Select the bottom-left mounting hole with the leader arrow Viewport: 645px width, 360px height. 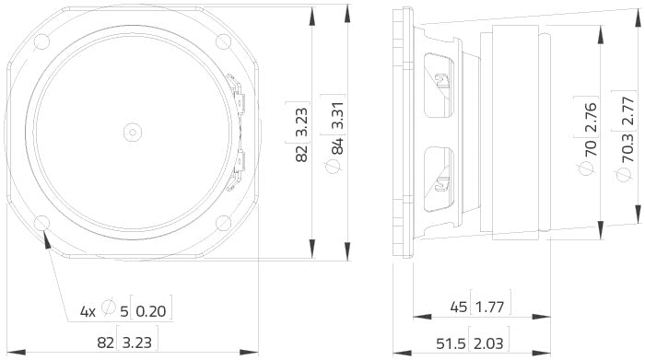coord(42,223)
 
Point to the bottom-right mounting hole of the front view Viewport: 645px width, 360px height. coord(224,223)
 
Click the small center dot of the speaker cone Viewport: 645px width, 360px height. coord(133,132)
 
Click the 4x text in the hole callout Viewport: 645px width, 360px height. coord(88,312)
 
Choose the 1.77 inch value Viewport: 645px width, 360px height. coord(493,307)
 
